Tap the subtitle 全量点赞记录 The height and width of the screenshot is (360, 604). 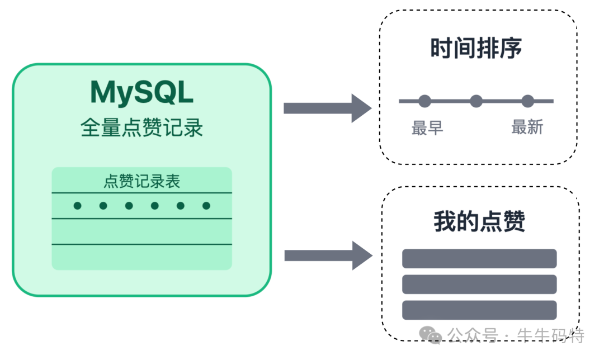[141, 127]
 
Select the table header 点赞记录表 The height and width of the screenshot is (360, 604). [141, 181]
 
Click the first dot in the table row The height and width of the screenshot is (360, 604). [78, 206]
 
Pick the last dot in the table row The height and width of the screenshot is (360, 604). [206, 206]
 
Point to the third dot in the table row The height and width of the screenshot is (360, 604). [129, 206]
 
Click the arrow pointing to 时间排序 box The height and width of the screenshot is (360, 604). [327, 108]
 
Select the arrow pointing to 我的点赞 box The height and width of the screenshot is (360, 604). [328, 256]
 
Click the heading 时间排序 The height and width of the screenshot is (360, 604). [476, 49]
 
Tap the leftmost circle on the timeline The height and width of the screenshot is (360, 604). [424, 101]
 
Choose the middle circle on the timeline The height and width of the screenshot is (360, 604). [476, 101]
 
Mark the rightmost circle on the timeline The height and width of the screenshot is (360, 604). [527, 101]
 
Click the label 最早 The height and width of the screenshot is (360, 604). [427, 128]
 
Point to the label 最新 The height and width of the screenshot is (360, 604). [527, 127]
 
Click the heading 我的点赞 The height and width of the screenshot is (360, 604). [479, 222]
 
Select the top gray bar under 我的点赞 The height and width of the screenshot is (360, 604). [479, 259]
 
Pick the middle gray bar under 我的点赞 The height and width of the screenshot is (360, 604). [479, 285]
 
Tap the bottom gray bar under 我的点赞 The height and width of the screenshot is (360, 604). [479, 310]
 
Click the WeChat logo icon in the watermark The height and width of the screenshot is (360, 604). [431, 335]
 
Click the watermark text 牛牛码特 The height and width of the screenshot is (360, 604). [551, 335]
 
